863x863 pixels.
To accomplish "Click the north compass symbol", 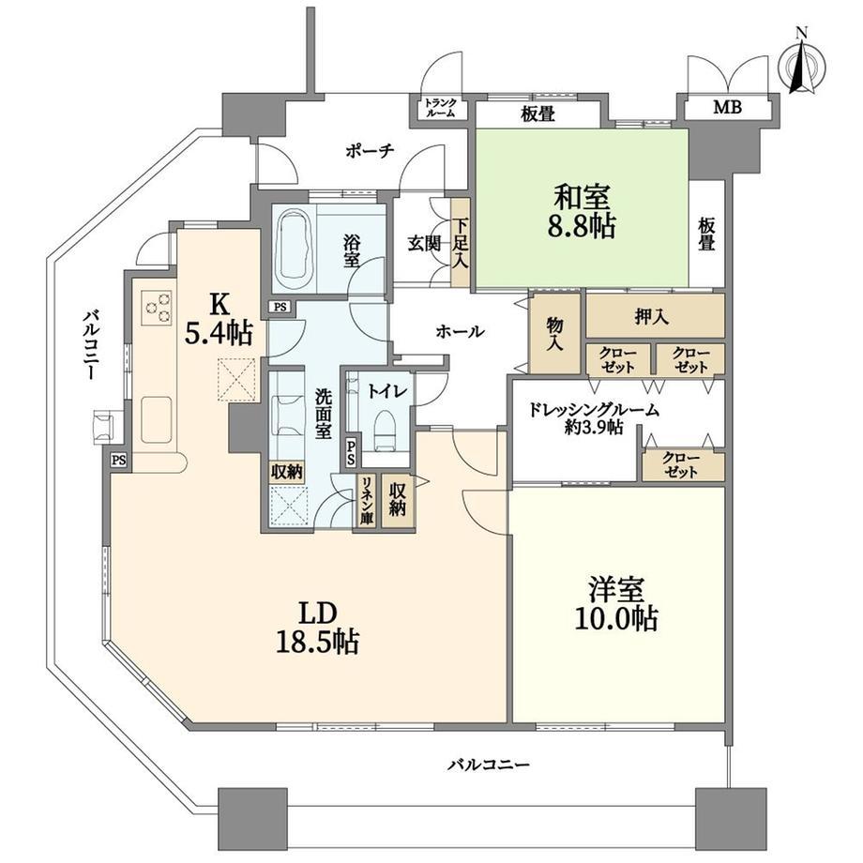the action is click(x=802, y=65).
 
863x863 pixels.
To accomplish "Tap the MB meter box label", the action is click(x=728, y=107).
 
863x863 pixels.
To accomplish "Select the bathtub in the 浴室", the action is click(x=295, y=248).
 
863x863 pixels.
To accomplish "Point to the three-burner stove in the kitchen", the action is click(x=157, y=307).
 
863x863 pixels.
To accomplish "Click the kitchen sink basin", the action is click(x=157, y=419).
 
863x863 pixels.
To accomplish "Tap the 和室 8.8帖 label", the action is click(x=582, y=211).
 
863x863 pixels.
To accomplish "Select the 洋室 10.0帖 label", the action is click(x=616, y=604).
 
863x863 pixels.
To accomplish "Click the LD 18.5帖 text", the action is click(x=317, y=628).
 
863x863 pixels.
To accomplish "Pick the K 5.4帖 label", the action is click(x=219, y=318).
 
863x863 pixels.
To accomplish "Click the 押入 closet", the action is click(x=655, y=315).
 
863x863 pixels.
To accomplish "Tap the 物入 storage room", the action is click(x=554, y=333).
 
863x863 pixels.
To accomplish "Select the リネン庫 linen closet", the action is click(x=366, y=500).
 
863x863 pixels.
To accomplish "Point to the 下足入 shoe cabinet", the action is click(x=460, y=243).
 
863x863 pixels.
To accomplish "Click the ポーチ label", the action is click(x=370, y=151).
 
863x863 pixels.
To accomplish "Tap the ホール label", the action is click(x=461, y=331).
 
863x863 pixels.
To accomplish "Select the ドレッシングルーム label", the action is click(x=593, y=410).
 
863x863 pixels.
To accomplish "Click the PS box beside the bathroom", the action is click(x=280, y=307).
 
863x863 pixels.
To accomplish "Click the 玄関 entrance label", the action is click(x=424, y=243).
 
